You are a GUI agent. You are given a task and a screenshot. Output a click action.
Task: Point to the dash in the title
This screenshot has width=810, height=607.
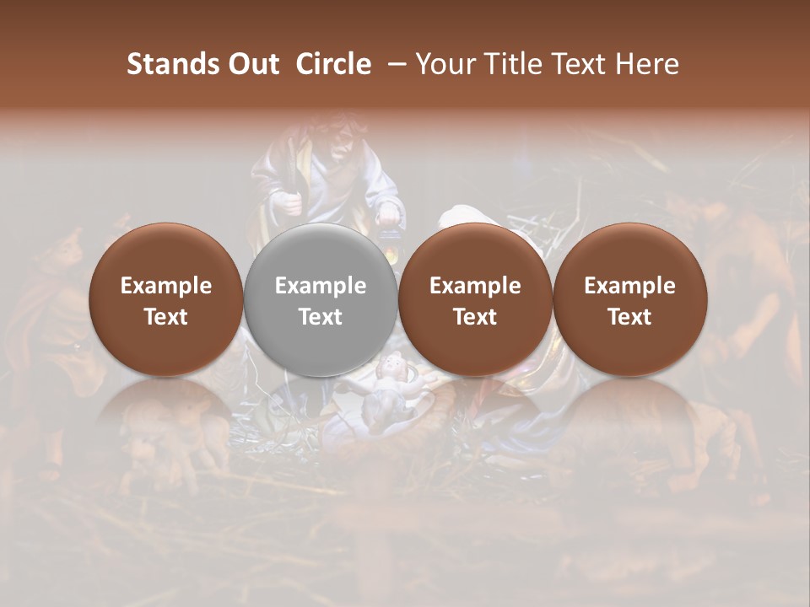tap(393, 64)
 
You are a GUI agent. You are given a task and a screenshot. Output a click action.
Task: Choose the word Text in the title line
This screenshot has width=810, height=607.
tap(580, 64)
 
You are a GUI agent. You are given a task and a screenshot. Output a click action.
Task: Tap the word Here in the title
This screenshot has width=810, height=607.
tap(647, 64)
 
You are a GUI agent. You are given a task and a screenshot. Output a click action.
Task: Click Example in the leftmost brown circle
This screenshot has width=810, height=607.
tap(165, 286)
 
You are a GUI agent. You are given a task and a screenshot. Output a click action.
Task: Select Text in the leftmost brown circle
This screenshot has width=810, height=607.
tap(165, 316)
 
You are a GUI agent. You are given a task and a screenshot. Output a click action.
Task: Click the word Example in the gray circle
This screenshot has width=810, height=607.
tap(320, 286)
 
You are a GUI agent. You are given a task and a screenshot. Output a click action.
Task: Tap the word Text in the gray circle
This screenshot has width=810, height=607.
tap(320, 316)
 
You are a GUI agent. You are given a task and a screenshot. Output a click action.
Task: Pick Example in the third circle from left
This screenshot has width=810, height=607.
tap(475, 286)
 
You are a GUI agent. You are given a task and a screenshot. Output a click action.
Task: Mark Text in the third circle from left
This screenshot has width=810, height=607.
tap(475, 316)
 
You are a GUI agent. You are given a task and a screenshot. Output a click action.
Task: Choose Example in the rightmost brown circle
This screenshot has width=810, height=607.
tap(629, 286)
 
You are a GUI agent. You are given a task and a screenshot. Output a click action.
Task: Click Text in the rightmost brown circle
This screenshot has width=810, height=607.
tap(629, 316)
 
